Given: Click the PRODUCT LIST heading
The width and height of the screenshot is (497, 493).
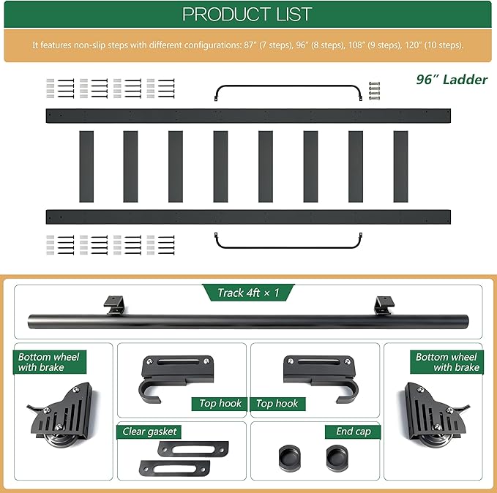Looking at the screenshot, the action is (247, 14).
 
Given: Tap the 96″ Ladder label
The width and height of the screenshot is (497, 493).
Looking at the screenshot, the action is (452, 80).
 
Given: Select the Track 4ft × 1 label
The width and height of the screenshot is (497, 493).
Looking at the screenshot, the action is (248, 293).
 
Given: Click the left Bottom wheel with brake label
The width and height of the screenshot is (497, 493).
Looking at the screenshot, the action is (49, 362).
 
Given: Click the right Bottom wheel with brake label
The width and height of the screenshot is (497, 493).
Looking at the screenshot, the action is (447, 362).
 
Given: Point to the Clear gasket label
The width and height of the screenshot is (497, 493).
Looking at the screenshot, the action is (149, 432).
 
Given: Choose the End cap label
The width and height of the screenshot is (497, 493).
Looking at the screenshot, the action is (353, 432).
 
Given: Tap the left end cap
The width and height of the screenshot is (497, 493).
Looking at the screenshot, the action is (289, 457).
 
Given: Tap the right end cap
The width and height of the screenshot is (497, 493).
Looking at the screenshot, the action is (337, 457).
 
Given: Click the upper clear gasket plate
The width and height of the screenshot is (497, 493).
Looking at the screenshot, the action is (193, 448).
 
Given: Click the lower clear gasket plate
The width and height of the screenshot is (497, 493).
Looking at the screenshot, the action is (175, 467).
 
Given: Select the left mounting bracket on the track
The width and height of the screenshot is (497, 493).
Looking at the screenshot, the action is (114, 305).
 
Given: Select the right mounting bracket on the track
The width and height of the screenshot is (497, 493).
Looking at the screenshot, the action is (384, 305).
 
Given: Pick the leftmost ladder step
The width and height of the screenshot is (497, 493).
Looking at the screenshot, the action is (86, 166).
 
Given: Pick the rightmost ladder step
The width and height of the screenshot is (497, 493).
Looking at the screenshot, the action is (400, 166).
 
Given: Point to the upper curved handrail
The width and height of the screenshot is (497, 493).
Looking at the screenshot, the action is (288, 86).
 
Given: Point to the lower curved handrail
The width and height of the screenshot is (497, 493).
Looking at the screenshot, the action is (288, 247).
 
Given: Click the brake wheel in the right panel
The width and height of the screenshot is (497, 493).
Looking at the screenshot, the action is (436, 415).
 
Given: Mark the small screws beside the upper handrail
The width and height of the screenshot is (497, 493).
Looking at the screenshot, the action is (374, 91).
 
